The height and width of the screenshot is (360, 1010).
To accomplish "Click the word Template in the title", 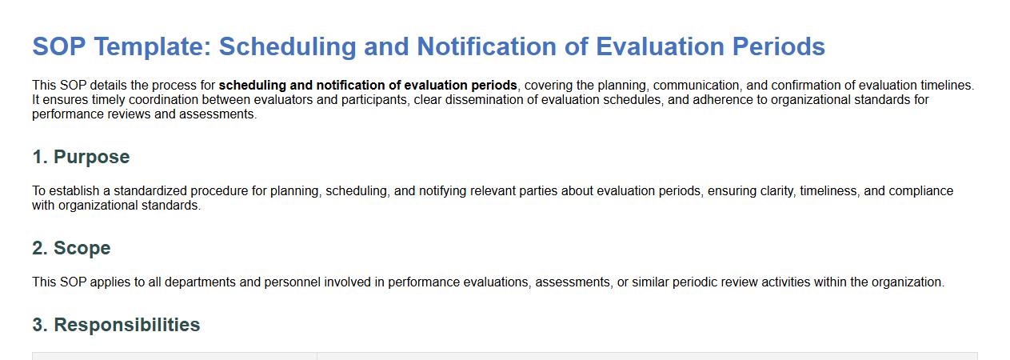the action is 153,47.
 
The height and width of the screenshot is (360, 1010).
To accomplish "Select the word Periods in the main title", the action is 779,46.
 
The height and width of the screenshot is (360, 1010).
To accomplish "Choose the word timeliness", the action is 828,191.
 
